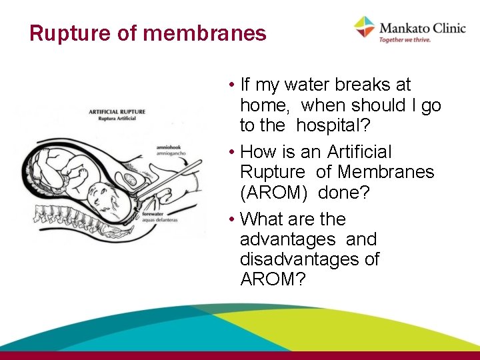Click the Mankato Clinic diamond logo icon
[x=364, y=27]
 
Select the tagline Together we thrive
[x=405, y=40]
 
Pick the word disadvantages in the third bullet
[x=309, y=259]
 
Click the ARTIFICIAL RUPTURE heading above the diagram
[x=117, y=111]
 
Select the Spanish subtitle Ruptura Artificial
[x=113, y=119]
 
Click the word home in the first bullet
[x=267, y=105]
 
